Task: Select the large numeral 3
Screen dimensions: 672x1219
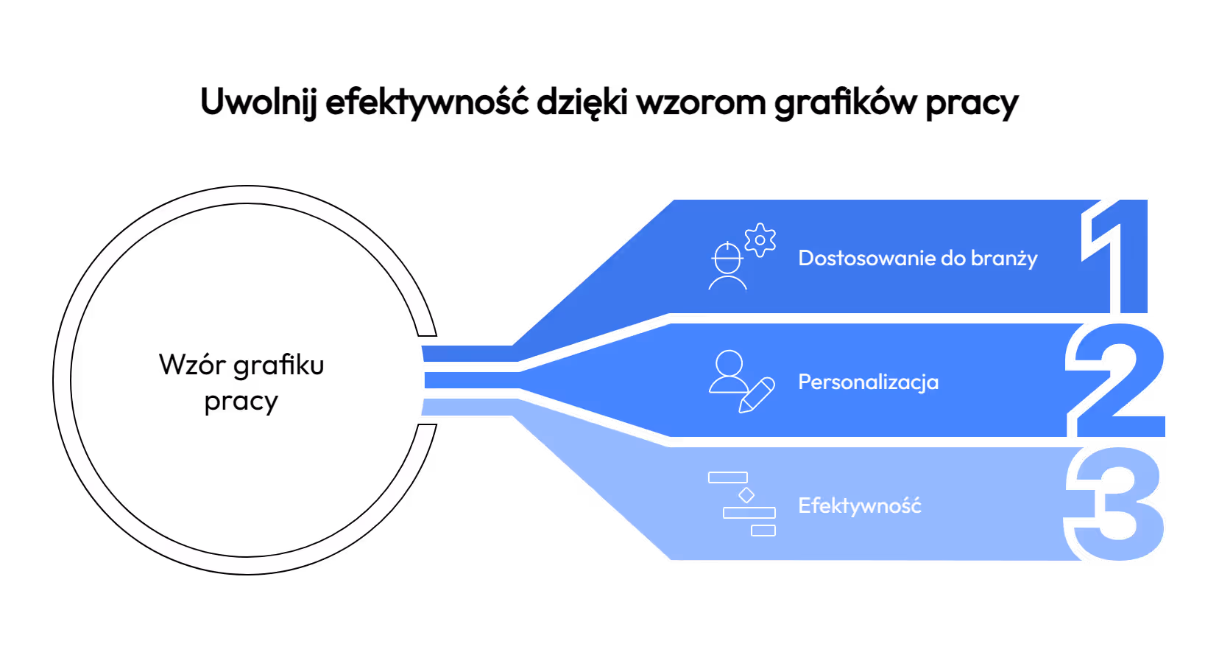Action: pyautogui.click(x=1119, y=505)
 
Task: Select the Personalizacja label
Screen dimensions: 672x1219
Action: pyautogui.click(x=868, y=382)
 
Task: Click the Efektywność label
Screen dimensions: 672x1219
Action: pyautogui.click(x=859, y=505)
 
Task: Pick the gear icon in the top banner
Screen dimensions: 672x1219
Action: pyautogui.click(x=760, y=240)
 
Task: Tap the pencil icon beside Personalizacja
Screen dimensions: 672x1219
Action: pyautogui.click(x=757, y=396)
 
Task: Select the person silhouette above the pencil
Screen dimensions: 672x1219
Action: pyautogui.click(x=729, y=371)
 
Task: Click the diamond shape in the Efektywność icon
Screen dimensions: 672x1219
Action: pyautogui.click(x=746, y=495)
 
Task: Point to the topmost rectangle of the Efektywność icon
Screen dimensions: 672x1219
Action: pyautogui.click(x=727, y=477)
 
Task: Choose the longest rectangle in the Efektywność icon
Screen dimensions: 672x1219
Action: pyautogui.click(x=749, y=513)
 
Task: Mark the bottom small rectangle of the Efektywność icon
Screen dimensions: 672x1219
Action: pyautogui.click(x=763, y=531)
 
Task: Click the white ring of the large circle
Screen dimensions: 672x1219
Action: pyautogui.click(x=63, y=380)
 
